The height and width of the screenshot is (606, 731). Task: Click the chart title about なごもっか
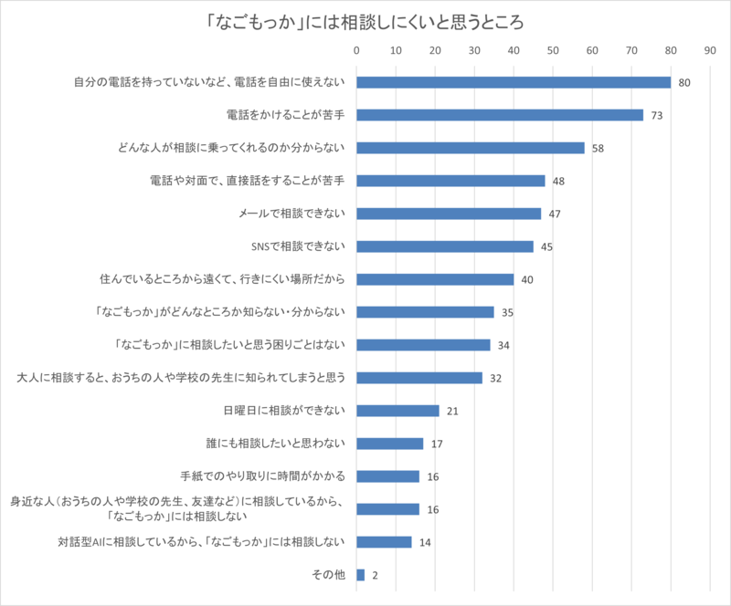coord(365,20)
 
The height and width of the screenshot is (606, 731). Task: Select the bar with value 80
coord(513,82)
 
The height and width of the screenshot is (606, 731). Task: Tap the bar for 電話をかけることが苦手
coord(499,115)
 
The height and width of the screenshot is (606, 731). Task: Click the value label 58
coord(599,148)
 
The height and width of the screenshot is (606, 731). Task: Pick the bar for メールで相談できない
coord(448,214)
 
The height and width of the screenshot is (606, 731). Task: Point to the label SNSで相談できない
coord(297,246)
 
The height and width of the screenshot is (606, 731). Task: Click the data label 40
coord(527,279)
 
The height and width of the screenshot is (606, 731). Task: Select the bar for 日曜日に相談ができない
coord(397,411)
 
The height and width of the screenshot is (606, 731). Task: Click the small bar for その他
coord(360,575)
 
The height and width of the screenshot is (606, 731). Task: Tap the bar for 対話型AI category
coord(384,542)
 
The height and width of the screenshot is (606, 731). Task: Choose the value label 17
coord(438,444)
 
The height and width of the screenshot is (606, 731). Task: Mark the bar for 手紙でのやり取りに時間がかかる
coord(387,476)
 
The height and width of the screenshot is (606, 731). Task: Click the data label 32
coord(496,378)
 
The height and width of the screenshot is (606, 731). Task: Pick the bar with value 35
coord(425,312)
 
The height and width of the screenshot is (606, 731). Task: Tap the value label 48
coord(559,181)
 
